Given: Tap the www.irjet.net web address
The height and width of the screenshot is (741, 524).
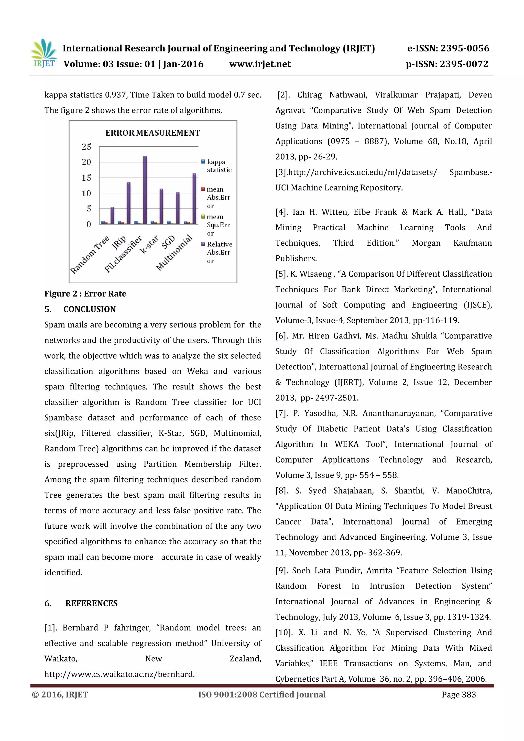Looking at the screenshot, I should coord(260,64).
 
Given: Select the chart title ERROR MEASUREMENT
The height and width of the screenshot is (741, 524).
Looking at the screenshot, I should coord(152,133).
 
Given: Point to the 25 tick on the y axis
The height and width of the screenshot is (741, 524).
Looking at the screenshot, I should coord(86,147).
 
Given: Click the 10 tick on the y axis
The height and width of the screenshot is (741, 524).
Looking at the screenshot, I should coord(86,193).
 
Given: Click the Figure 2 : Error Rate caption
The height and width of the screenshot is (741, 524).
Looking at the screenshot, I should coord(85,294).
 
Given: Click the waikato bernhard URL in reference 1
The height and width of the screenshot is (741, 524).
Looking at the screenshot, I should coord(119,674).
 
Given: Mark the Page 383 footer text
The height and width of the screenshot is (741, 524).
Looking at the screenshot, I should coord(458,694).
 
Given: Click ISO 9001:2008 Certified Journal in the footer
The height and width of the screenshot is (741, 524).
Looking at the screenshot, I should coord(262,694).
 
